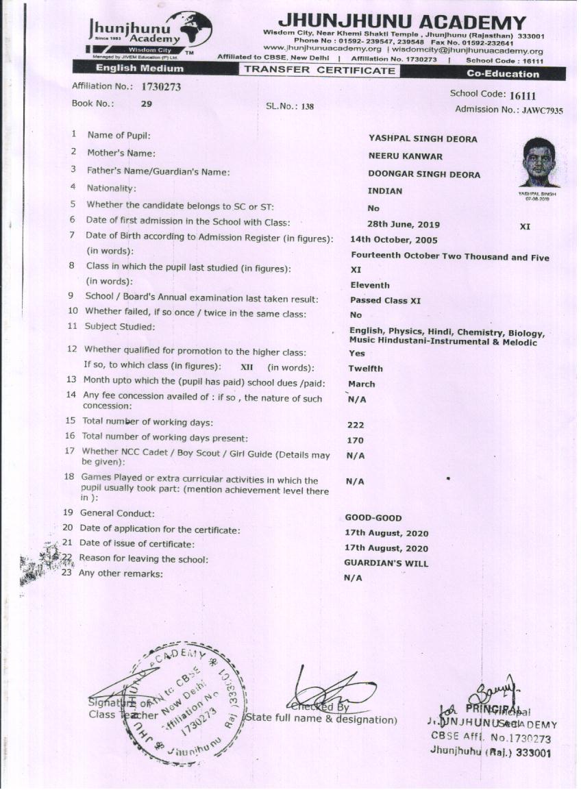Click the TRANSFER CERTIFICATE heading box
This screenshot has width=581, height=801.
[320, 70]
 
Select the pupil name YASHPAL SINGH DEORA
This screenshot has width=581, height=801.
[423, 139]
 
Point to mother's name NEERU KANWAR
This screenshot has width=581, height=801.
[405, 156]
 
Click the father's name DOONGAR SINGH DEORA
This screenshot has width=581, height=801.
[424, 174]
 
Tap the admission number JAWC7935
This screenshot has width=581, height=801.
[541, 110]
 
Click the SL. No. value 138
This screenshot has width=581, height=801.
[306, 107]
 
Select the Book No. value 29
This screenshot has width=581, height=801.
[147, 104]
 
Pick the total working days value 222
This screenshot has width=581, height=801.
[356, 425]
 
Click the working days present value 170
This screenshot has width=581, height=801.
[356, 441]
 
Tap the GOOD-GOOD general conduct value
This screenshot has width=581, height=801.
[373, 518]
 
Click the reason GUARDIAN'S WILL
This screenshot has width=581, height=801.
[386, 563]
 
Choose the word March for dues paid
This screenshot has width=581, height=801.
[361, 384]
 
